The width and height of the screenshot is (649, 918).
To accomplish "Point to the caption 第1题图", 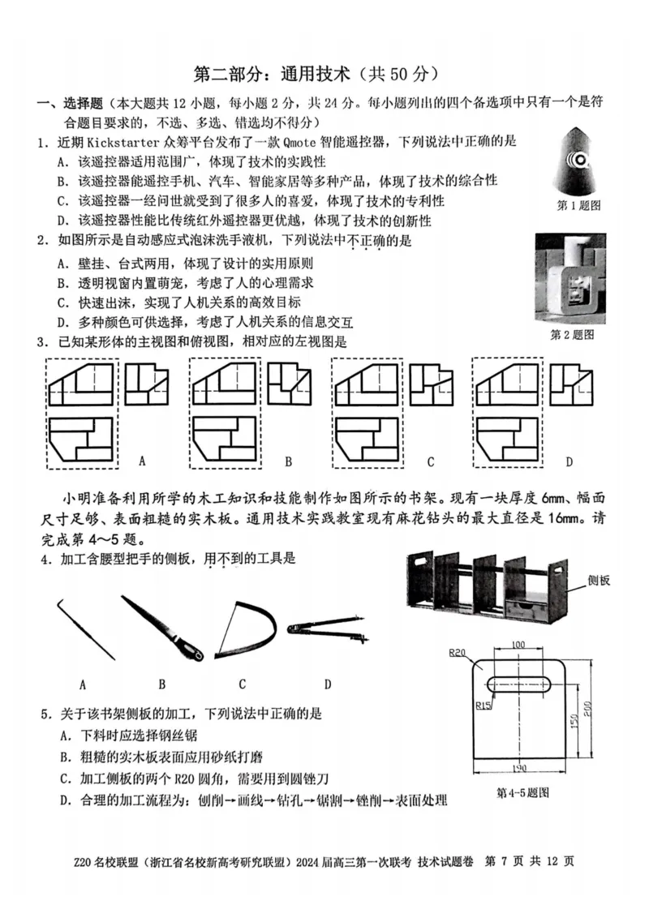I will tap(578, 206).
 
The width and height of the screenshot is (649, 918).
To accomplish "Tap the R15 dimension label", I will tap(484, 705).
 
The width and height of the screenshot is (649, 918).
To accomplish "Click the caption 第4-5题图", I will tap(522, 791).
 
